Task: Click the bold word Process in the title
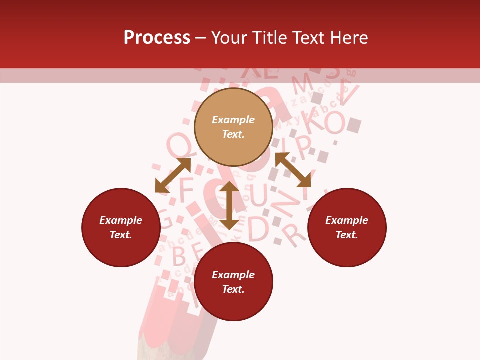157,38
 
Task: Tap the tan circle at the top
233,127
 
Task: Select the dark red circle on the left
121,227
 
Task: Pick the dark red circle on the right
347,227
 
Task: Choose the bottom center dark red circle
233,282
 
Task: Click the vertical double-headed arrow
229,205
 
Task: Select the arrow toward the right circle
293,170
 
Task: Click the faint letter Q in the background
178,145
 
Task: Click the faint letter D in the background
258,229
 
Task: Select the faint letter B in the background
178,256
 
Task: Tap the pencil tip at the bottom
150,350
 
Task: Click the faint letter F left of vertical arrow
186,190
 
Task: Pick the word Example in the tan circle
233,120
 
